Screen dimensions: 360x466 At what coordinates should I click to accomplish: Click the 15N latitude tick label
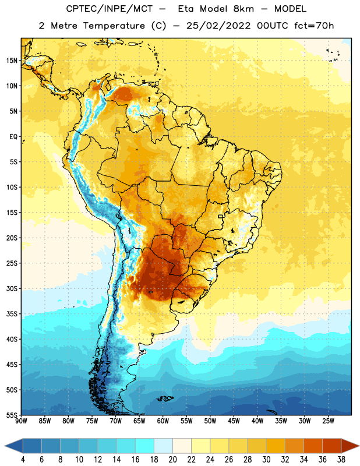[x=12, y=61]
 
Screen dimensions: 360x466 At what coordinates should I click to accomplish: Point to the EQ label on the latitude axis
[x=13, y=137]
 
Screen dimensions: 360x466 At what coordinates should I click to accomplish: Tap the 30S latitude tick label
[x=12, y=288]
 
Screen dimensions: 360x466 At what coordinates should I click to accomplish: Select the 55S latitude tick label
[x=12, y=415]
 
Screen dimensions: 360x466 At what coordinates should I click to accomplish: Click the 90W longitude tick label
[x=21, y=421]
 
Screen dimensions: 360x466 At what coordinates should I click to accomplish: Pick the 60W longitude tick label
[x=163, y=421]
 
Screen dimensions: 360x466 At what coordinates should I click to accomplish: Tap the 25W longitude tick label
[x=328, y=421]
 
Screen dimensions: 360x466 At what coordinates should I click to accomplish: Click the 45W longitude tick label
[x=234, y=421]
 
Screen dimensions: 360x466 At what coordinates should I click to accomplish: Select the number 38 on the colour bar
[x=341, y=460]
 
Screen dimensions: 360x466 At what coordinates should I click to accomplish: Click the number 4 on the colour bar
[x=23, y=460]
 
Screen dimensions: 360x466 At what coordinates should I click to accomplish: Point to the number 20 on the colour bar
[x=172, y=460]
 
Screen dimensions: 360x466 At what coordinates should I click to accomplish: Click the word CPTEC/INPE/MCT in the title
[x=110, y=9]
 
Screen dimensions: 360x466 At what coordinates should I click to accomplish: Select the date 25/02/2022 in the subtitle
[x=218, y=26]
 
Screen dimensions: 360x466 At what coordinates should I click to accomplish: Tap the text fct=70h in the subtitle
[x=314, y=26]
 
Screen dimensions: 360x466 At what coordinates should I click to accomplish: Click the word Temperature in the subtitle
[x=114, y=26]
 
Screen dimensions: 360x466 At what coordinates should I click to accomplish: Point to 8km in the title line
[x=243, y=9]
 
